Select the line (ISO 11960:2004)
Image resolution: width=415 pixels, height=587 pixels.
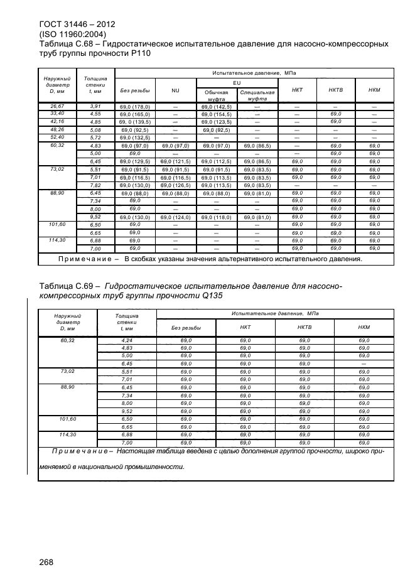pos(72,35)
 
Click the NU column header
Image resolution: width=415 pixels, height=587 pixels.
pos(175,91)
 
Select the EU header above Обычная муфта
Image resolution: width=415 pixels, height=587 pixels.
pos(237,82)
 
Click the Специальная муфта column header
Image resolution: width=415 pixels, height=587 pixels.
pos(257,95)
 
